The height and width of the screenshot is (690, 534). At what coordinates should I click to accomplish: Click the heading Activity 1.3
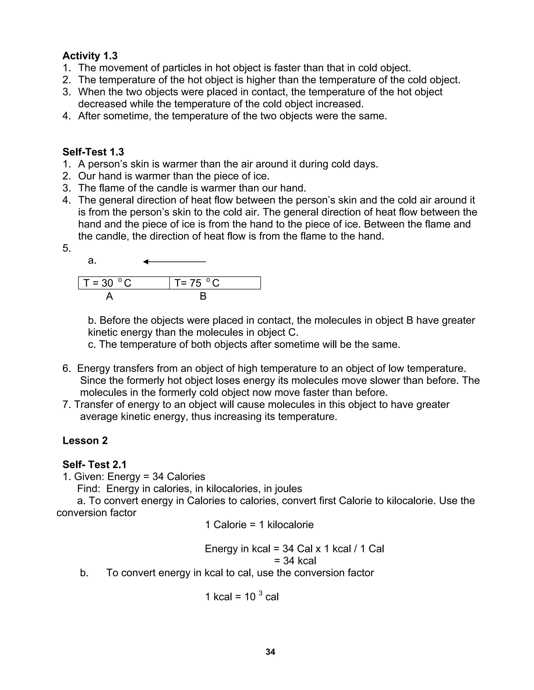click(90, 56)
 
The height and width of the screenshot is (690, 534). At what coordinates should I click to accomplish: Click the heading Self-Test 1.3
click(93, 152)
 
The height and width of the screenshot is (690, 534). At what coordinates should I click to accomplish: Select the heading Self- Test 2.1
click(94, 465)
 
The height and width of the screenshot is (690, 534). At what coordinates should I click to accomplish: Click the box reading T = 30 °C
click(124, 283)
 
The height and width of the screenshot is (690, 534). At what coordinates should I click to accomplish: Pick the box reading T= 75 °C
click(215, 283)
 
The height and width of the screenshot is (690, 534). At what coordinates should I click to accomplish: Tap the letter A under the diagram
click(109, 296)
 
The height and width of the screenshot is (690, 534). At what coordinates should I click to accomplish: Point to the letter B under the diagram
click(203, 296)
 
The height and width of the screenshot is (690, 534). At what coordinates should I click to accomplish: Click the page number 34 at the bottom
click(270, 652)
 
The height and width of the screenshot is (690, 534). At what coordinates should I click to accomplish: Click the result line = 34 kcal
click(295, 561)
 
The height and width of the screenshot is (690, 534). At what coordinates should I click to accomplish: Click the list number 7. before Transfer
click(67, 405)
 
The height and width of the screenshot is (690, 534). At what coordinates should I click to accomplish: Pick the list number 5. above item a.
click(67, 248)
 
